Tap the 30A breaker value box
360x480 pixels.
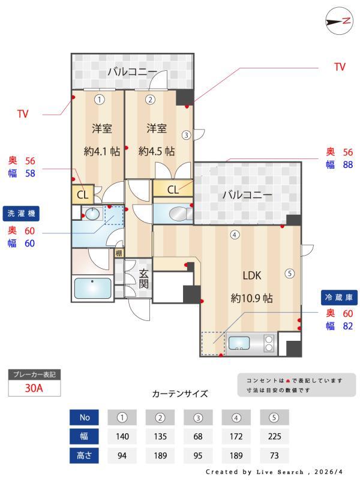click(34, 388)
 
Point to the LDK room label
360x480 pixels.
click(253, 275)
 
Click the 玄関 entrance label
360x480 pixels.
click(144, 278)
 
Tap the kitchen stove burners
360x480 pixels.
click(269, 343)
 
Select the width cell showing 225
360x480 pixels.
click(274, 437)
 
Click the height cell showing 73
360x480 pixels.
click(274, 456)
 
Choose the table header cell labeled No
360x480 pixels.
click(84, 418)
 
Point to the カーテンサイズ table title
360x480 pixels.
click(180, 394)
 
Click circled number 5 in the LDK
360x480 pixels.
click(290, 274)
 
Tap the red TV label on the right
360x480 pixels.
click(340, 67)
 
